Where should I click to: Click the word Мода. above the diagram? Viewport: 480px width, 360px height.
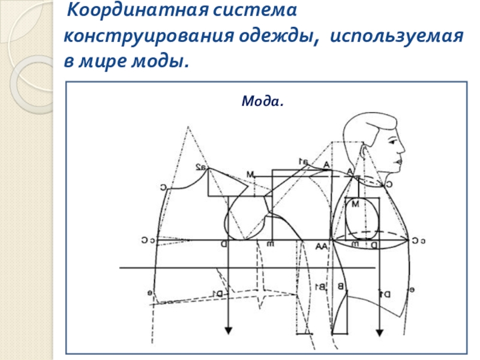point(262,101)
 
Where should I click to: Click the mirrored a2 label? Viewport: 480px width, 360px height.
point(200,168)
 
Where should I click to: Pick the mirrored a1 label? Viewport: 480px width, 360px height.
point(304,160)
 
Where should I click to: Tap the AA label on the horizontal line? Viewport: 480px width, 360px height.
point(322,247)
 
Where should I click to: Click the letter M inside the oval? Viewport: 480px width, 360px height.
point(355,204)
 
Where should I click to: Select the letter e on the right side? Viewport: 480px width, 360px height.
point(413,290)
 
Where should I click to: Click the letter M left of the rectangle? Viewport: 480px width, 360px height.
point(250,174)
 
